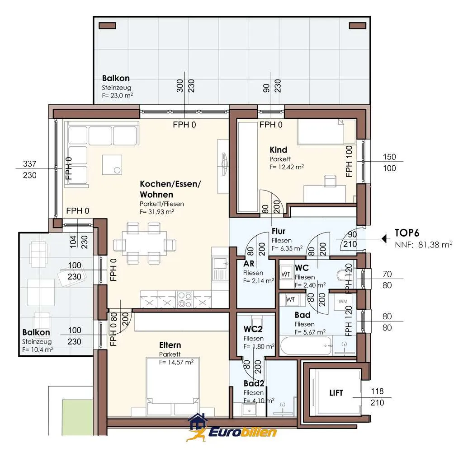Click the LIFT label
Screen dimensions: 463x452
336,393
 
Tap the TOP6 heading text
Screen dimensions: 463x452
407,233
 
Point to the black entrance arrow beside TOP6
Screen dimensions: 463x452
384,238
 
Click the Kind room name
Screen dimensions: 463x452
278,149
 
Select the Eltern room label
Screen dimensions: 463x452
170,345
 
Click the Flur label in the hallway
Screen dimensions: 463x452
279,231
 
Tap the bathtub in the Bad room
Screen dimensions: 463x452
306,345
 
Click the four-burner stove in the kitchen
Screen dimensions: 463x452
185,299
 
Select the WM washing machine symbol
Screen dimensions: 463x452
343,301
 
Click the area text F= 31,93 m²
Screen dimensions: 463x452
157,212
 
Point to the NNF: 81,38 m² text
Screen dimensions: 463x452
423,245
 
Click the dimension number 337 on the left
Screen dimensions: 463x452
29,163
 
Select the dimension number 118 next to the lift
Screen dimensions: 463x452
378,391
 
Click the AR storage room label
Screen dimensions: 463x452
249,263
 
